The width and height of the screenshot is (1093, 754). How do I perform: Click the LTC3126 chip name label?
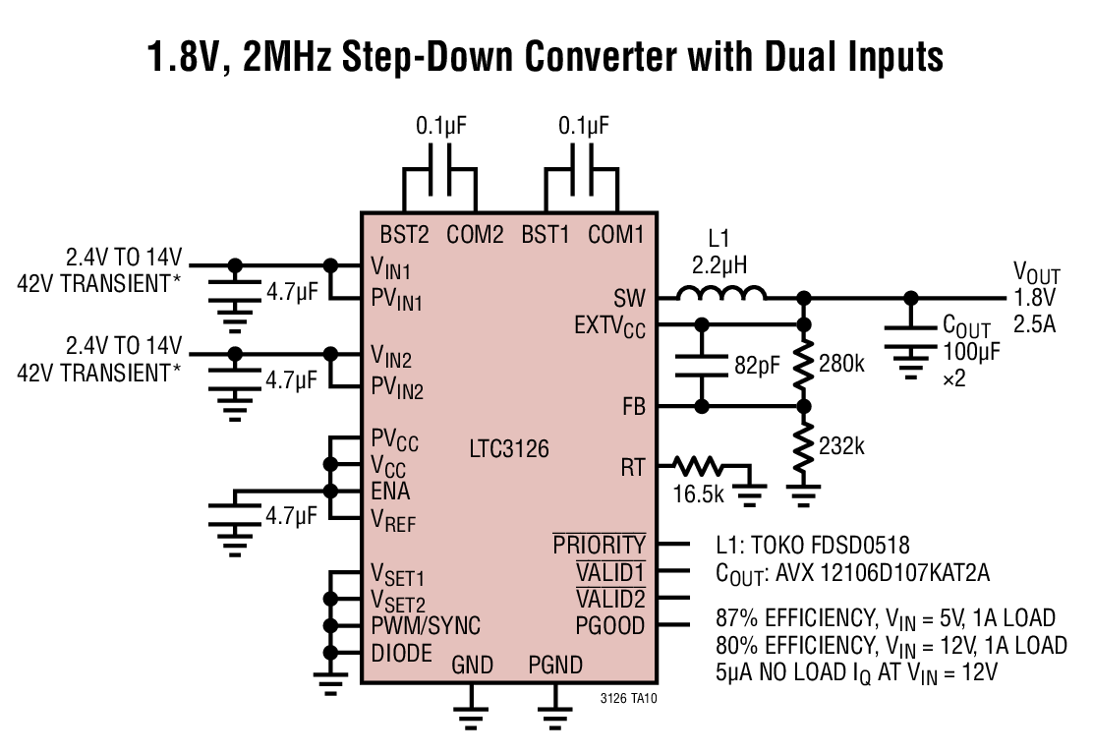click(x=509, y=449)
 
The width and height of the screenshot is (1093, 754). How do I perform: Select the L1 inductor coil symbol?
click(x=720, y=293)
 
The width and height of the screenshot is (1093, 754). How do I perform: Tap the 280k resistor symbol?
click(x=804, y=366)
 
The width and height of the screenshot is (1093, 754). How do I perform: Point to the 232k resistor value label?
click(x=842, y=446)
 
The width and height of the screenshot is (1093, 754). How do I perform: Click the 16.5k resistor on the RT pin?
click(x=699, y=465)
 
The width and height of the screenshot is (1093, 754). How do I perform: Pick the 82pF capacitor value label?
click(x=757, y=365)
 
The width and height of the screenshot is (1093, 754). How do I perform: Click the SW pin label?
click(x=629, y=298)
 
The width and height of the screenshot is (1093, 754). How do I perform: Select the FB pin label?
click(x=634, y=406)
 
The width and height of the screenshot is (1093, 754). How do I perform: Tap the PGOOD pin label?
click(x=610, y=626)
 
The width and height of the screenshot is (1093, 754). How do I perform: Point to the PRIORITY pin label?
click(x=600, y=545)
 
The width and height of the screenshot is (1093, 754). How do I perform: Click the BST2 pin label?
click(x=404, y=235)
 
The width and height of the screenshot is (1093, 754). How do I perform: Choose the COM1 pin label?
click(x=616, y=235)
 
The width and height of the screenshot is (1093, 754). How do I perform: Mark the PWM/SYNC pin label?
click(x=426, y=626)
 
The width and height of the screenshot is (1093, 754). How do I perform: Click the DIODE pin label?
click(x=401, y=653)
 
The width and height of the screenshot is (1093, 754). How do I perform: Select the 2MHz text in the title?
click(x=287, y=56)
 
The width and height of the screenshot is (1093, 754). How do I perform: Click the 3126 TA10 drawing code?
click(x=628, y=698)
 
